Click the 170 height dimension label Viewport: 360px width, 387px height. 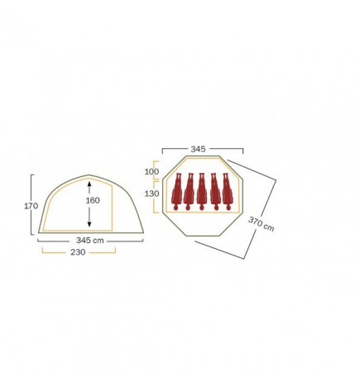[x=31, y=206]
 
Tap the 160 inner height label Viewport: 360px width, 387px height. [x=93, y=200]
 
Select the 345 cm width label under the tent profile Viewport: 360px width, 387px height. [x=90, y=241]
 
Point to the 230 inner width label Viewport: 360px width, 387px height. [x=78, y=252]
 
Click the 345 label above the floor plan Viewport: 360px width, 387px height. [x=198, y=149]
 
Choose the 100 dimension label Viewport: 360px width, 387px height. [x=151, y=171]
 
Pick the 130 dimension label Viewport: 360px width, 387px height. [x=151, y=193]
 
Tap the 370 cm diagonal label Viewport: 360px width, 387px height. [x=262, y=224]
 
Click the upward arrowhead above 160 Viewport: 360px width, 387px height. [x=89, y=184]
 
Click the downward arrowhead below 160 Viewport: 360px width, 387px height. [x=89, y=224]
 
